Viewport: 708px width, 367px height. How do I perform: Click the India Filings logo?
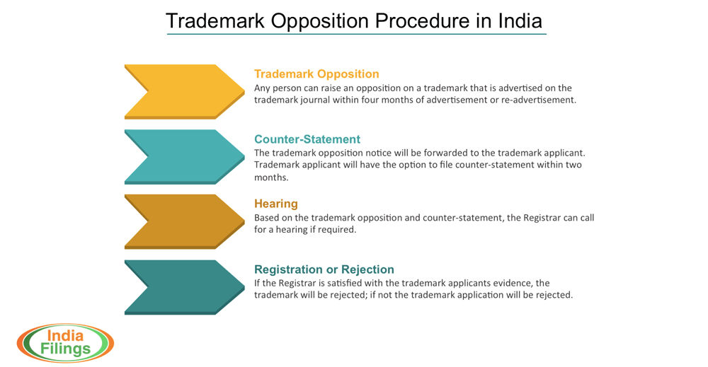tap(64, 343)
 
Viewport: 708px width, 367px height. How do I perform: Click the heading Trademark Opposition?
tap(316, 74)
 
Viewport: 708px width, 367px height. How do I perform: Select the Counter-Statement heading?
tap(307, 139)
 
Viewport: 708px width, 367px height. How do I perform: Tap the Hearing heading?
tap(276, 204)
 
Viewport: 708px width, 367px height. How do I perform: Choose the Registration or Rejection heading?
tap(324, 269)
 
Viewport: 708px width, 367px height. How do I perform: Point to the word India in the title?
tap(520, 21)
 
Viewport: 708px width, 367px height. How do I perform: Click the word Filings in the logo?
tap(64, 349)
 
